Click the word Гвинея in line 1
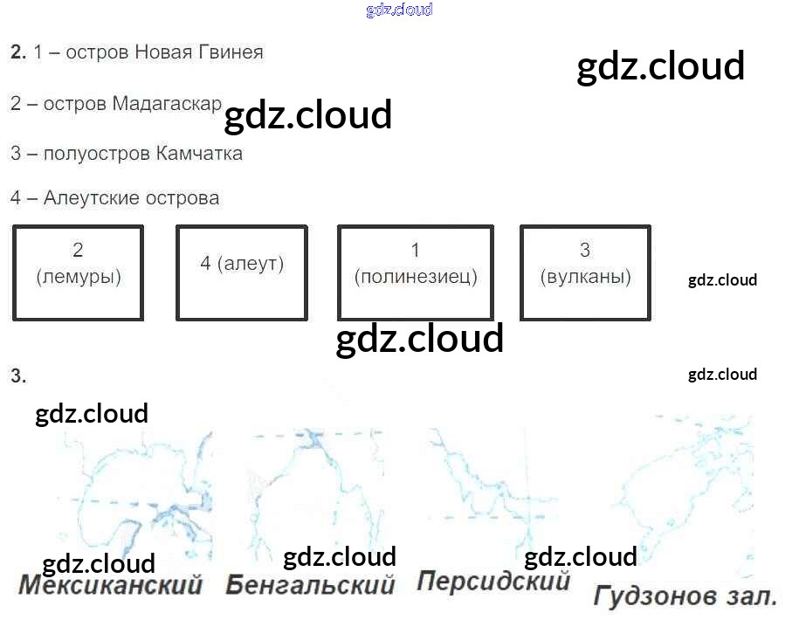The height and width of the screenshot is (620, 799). (x=231, y=52)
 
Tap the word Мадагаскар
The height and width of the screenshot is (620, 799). (x=167, y=104)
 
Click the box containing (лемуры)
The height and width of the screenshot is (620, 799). (x=78, y=272)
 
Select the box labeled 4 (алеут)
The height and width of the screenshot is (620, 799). (x=242, y=272)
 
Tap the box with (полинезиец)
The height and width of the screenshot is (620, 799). (x=415, y=272)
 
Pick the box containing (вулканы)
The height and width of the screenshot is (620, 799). (x=585, y=272)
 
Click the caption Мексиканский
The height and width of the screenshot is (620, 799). (x=110, y=584)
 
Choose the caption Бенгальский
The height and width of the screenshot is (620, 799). (x=310, y=584)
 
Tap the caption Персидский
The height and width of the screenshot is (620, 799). (x=493, y=581)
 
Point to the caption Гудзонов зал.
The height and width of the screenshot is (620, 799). (x=685, y=597)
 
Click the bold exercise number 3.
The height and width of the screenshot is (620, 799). (x=18, y=376)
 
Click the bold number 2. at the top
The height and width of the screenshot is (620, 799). (x=18, y=52)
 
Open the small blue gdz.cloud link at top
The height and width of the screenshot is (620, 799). (x=399, y=10)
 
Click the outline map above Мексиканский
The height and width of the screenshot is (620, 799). (x=140, y=498)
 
